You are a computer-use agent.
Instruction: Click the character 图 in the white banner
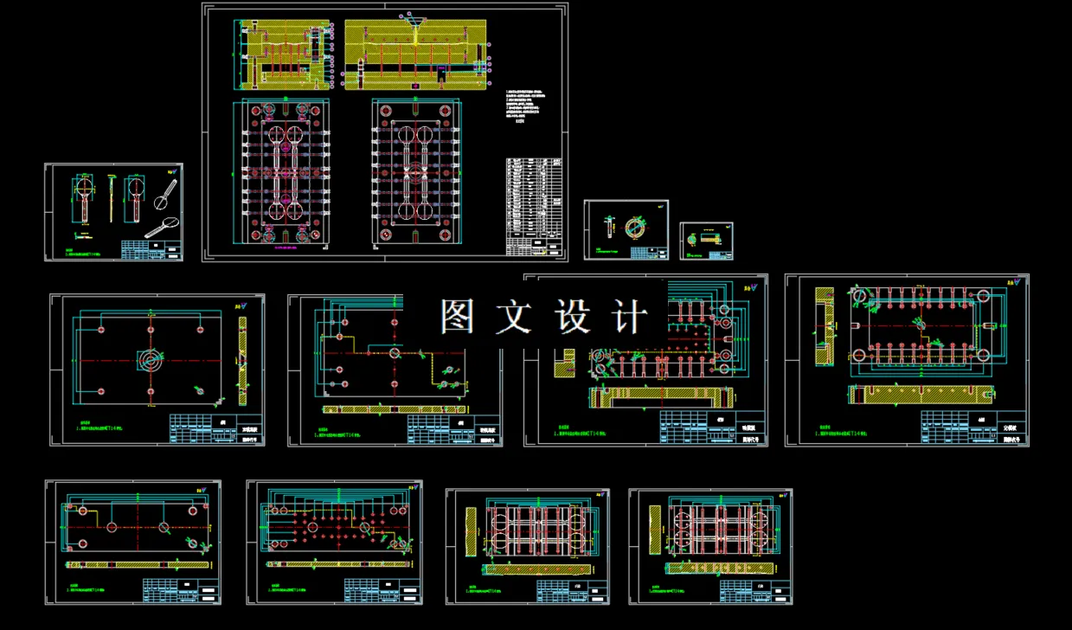coord(459,318)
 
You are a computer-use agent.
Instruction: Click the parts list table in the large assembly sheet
coord(536,206)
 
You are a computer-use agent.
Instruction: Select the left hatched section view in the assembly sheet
coord(282,54)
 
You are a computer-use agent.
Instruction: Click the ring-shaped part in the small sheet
coord(635,228)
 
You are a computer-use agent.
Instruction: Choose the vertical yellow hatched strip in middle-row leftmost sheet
coord(242,360)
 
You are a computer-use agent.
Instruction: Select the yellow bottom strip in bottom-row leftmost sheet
coord(138,564)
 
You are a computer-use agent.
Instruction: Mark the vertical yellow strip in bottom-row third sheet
coord(472,531)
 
